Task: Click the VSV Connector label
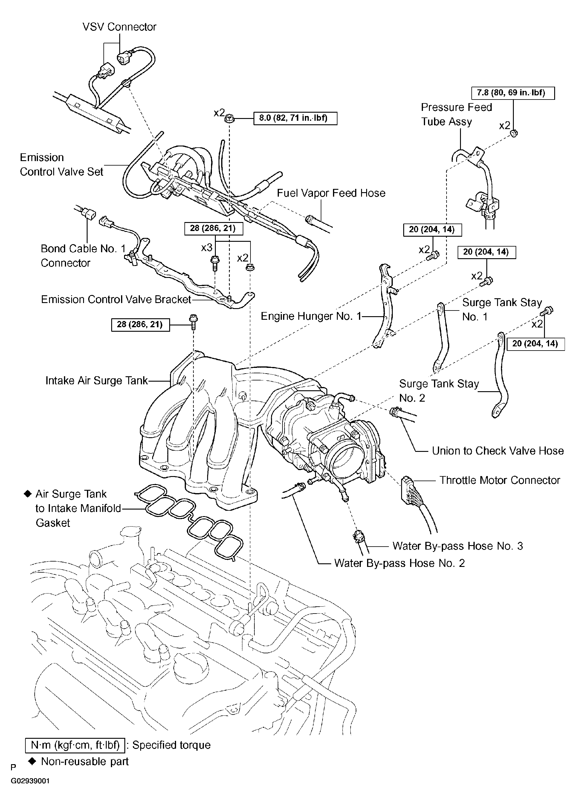point(119,27)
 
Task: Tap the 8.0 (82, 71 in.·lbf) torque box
point(295,118)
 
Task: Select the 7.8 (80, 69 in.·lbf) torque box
point(513,93)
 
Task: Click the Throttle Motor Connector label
point(499,480)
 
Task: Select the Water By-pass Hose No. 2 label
point(399,563)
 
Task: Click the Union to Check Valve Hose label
point(498,451)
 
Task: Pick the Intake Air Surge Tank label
point(97,380)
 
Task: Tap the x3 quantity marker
point(207,247)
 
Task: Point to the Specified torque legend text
point(171,745)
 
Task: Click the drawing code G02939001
point(30,781)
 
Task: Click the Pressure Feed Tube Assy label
point(456,114)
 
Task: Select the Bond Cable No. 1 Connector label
point(83,256)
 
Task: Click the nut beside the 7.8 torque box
point(514,133)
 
